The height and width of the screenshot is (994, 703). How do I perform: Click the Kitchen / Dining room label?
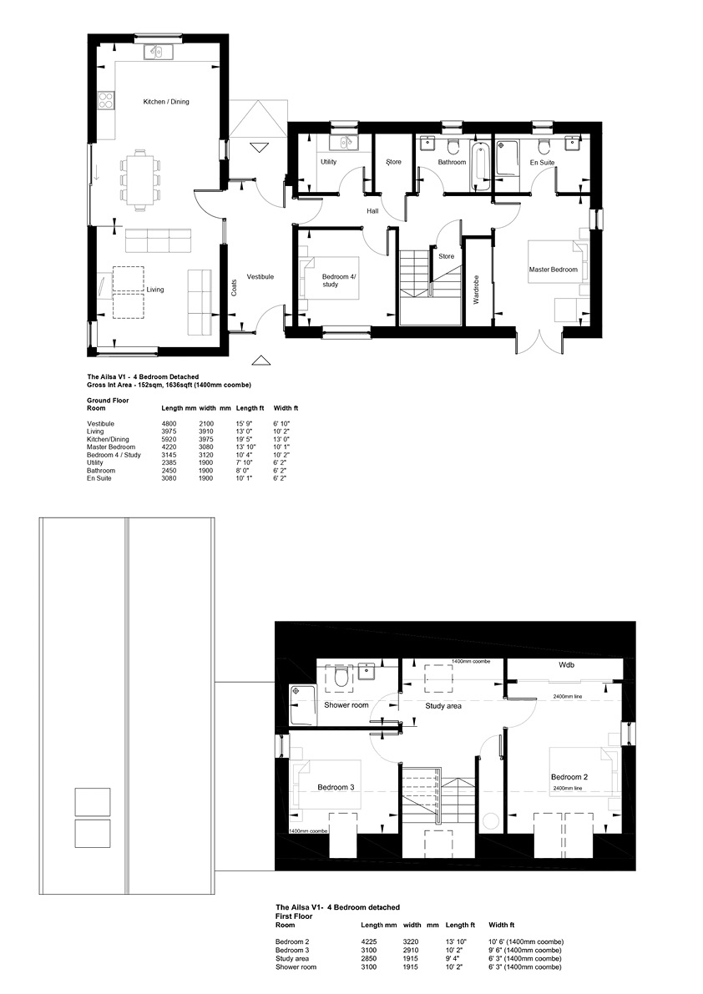click(x=166, y=102)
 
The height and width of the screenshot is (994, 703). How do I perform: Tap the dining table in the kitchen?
click(x=139, y=179)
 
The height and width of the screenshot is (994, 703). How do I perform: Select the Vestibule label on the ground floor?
click(x=260, y=277)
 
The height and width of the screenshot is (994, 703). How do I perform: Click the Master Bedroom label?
click(x=554, y=270)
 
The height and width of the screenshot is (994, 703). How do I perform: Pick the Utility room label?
click(x=328, y=162)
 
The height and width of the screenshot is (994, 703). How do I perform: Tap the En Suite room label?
click(x=542, y=163)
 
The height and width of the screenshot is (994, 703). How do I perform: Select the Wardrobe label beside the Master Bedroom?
click(x=476, y=290)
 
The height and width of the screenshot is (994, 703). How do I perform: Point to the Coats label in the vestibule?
click(x=234, y=288)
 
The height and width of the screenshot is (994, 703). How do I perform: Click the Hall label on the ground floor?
click(x=372, y=211)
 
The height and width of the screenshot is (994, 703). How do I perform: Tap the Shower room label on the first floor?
click(x=346, y=705)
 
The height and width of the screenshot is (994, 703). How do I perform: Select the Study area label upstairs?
click(x=443, y=706)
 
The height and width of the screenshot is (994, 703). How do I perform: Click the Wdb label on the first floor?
click(x=567, y=666)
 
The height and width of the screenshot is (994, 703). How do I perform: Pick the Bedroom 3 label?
click(x=336, y=787)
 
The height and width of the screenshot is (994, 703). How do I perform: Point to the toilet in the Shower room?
click(x=341, y=678)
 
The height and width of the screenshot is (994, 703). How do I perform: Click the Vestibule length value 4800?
click(x=169, y=423)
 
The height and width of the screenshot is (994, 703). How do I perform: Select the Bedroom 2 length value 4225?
click(x=369, y=942)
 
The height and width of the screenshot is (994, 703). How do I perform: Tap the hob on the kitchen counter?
click(x=106, y=99)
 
